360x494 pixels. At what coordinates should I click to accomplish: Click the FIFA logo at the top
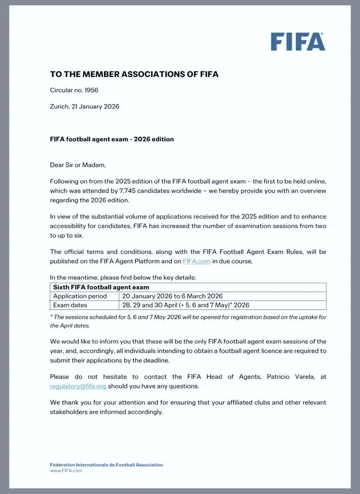point(298,42)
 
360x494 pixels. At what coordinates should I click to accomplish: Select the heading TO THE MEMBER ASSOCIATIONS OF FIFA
point(134,74)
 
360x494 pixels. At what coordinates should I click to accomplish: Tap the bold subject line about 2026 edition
point(112,139)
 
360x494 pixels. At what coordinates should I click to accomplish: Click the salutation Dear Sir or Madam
point(78,165)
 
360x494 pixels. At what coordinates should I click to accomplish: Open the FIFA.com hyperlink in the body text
point(197,261)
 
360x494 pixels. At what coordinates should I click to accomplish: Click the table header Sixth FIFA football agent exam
point(101,287)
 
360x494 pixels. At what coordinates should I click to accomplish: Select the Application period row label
point(80,296)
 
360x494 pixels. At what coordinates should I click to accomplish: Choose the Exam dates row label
point(70,305)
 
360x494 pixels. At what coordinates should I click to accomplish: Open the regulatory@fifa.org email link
point(78,386)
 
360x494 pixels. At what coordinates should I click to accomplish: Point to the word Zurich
point(59,107)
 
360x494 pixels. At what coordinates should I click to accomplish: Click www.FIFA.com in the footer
point(66,471)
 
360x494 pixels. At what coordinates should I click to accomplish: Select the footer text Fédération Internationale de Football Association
point(106,465)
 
